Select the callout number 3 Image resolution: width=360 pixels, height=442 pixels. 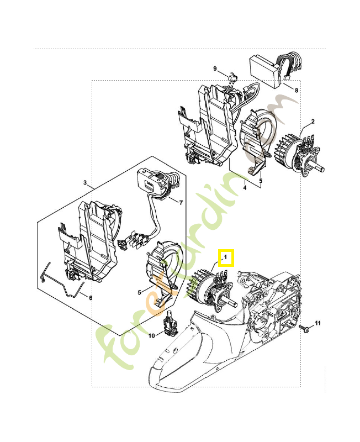85,182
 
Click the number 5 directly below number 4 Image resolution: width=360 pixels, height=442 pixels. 261,180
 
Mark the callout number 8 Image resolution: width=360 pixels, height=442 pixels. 297,90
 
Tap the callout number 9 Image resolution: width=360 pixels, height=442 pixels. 215,69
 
